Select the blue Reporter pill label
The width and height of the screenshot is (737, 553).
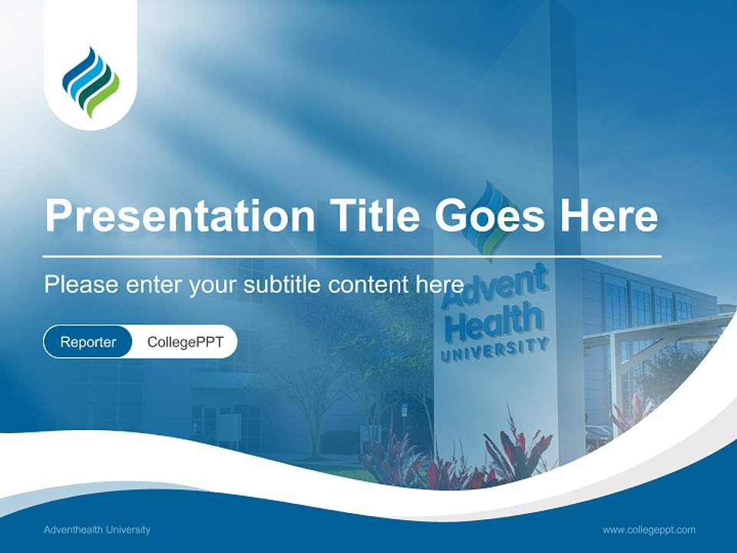[x=88, y=342]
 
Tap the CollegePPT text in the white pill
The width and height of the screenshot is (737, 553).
[x=185, y=342]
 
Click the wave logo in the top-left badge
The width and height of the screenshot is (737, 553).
[x=91, y=81]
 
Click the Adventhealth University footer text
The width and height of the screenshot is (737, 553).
[x=97, y=529]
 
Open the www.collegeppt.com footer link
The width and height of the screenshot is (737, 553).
[x=649, y=529]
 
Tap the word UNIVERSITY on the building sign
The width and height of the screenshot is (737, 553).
[x=495, y=350]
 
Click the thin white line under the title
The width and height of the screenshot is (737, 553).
[x=352, y=256]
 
